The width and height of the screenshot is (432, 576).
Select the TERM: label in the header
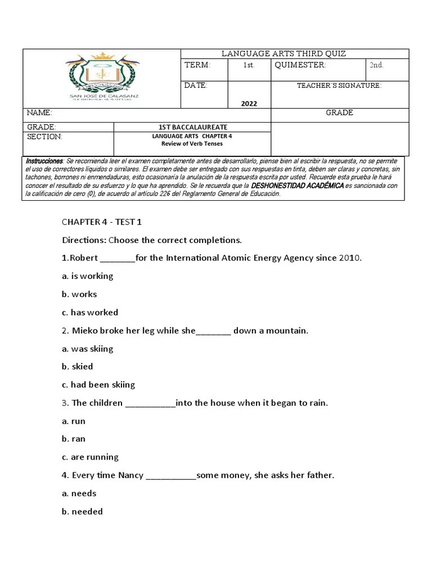[x=197, y=65]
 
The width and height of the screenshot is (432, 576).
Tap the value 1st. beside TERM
[x=249, y=65]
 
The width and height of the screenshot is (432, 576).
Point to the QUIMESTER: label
[x=300, y=65]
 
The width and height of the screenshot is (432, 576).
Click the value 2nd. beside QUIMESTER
[x=376, y=65]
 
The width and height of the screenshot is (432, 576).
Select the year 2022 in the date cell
[x=249, y=103]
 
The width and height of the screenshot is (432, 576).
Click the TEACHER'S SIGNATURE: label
[x=339, y=85]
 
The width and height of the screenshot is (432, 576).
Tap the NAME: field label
[x=39, y=112]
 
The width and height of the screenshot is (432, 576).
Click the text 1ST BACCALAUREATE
[x=192, y=128]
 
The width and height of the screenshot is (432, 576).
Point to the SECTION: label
[x=44, y=137]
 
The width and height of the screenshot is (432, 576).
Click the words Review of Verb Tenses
[x=192, y=144]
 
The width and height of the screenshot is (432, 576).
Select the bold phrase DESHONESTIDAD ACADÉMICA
[x=297, y=186]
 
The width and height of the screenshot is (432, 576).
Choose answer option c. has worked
[x=90, y=312]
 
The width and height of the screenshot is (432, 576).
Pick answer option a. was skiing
[x=88, y=349]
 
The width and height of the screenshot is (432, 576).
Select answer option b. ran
[x=74, y=439]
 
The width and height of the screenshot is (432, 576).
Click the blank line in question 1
[x=117, y=259]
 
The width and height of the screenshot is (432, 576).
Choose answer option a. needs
[x=79, y=493]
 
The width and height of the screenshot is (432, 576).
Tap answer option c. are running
[x=91, y=457]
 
